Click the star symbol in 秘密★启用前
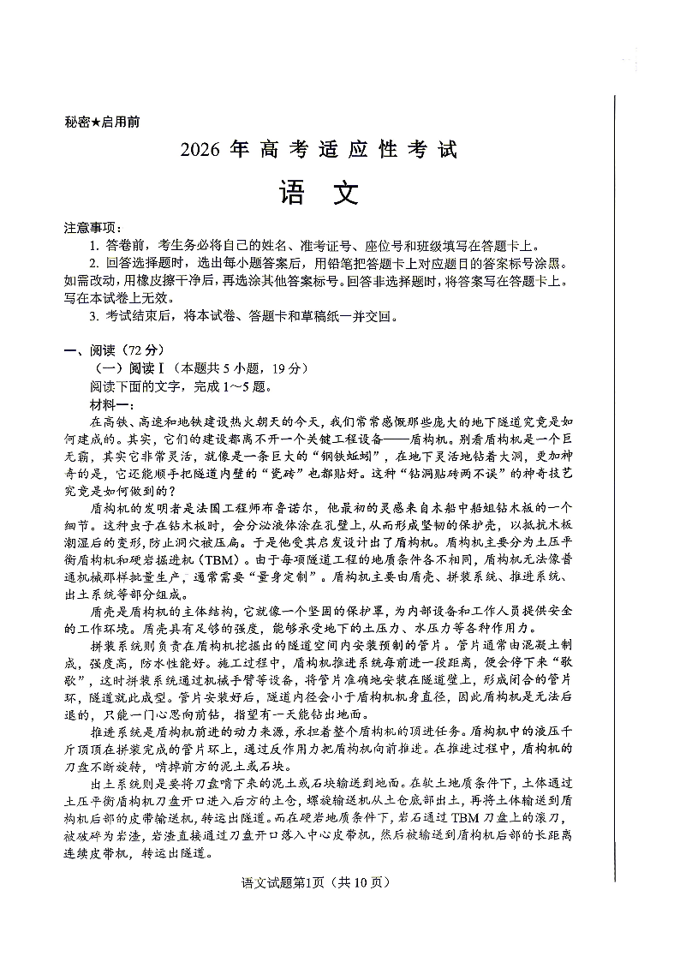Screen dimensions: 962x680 tap(96, 121)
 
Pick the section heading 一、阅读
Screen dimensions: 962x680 tap(84, 350)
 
